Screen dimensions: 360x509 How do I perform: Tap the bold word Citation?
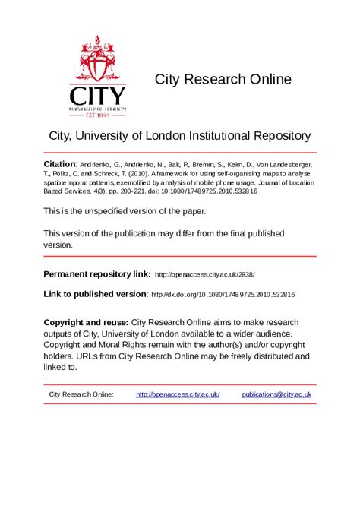coord(59,164)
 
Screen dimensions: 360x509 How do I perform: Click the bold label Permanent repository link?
coord(96,273)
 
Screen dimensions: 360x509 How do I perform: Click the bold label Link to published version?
coord(95,293)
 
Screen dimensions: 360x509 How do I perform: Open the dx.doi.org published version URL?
coord(223,294)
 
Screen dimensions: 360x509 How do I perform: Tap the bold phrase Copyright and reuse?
coord(86,322)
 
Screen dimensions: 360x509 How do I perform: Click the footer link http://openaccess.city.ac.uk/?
coord(178,394)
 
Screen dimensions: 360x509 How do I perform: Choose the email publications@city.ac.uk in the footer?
coord(276,394)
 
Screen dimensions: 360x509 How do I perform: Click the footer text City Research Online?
coord(81,394)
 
